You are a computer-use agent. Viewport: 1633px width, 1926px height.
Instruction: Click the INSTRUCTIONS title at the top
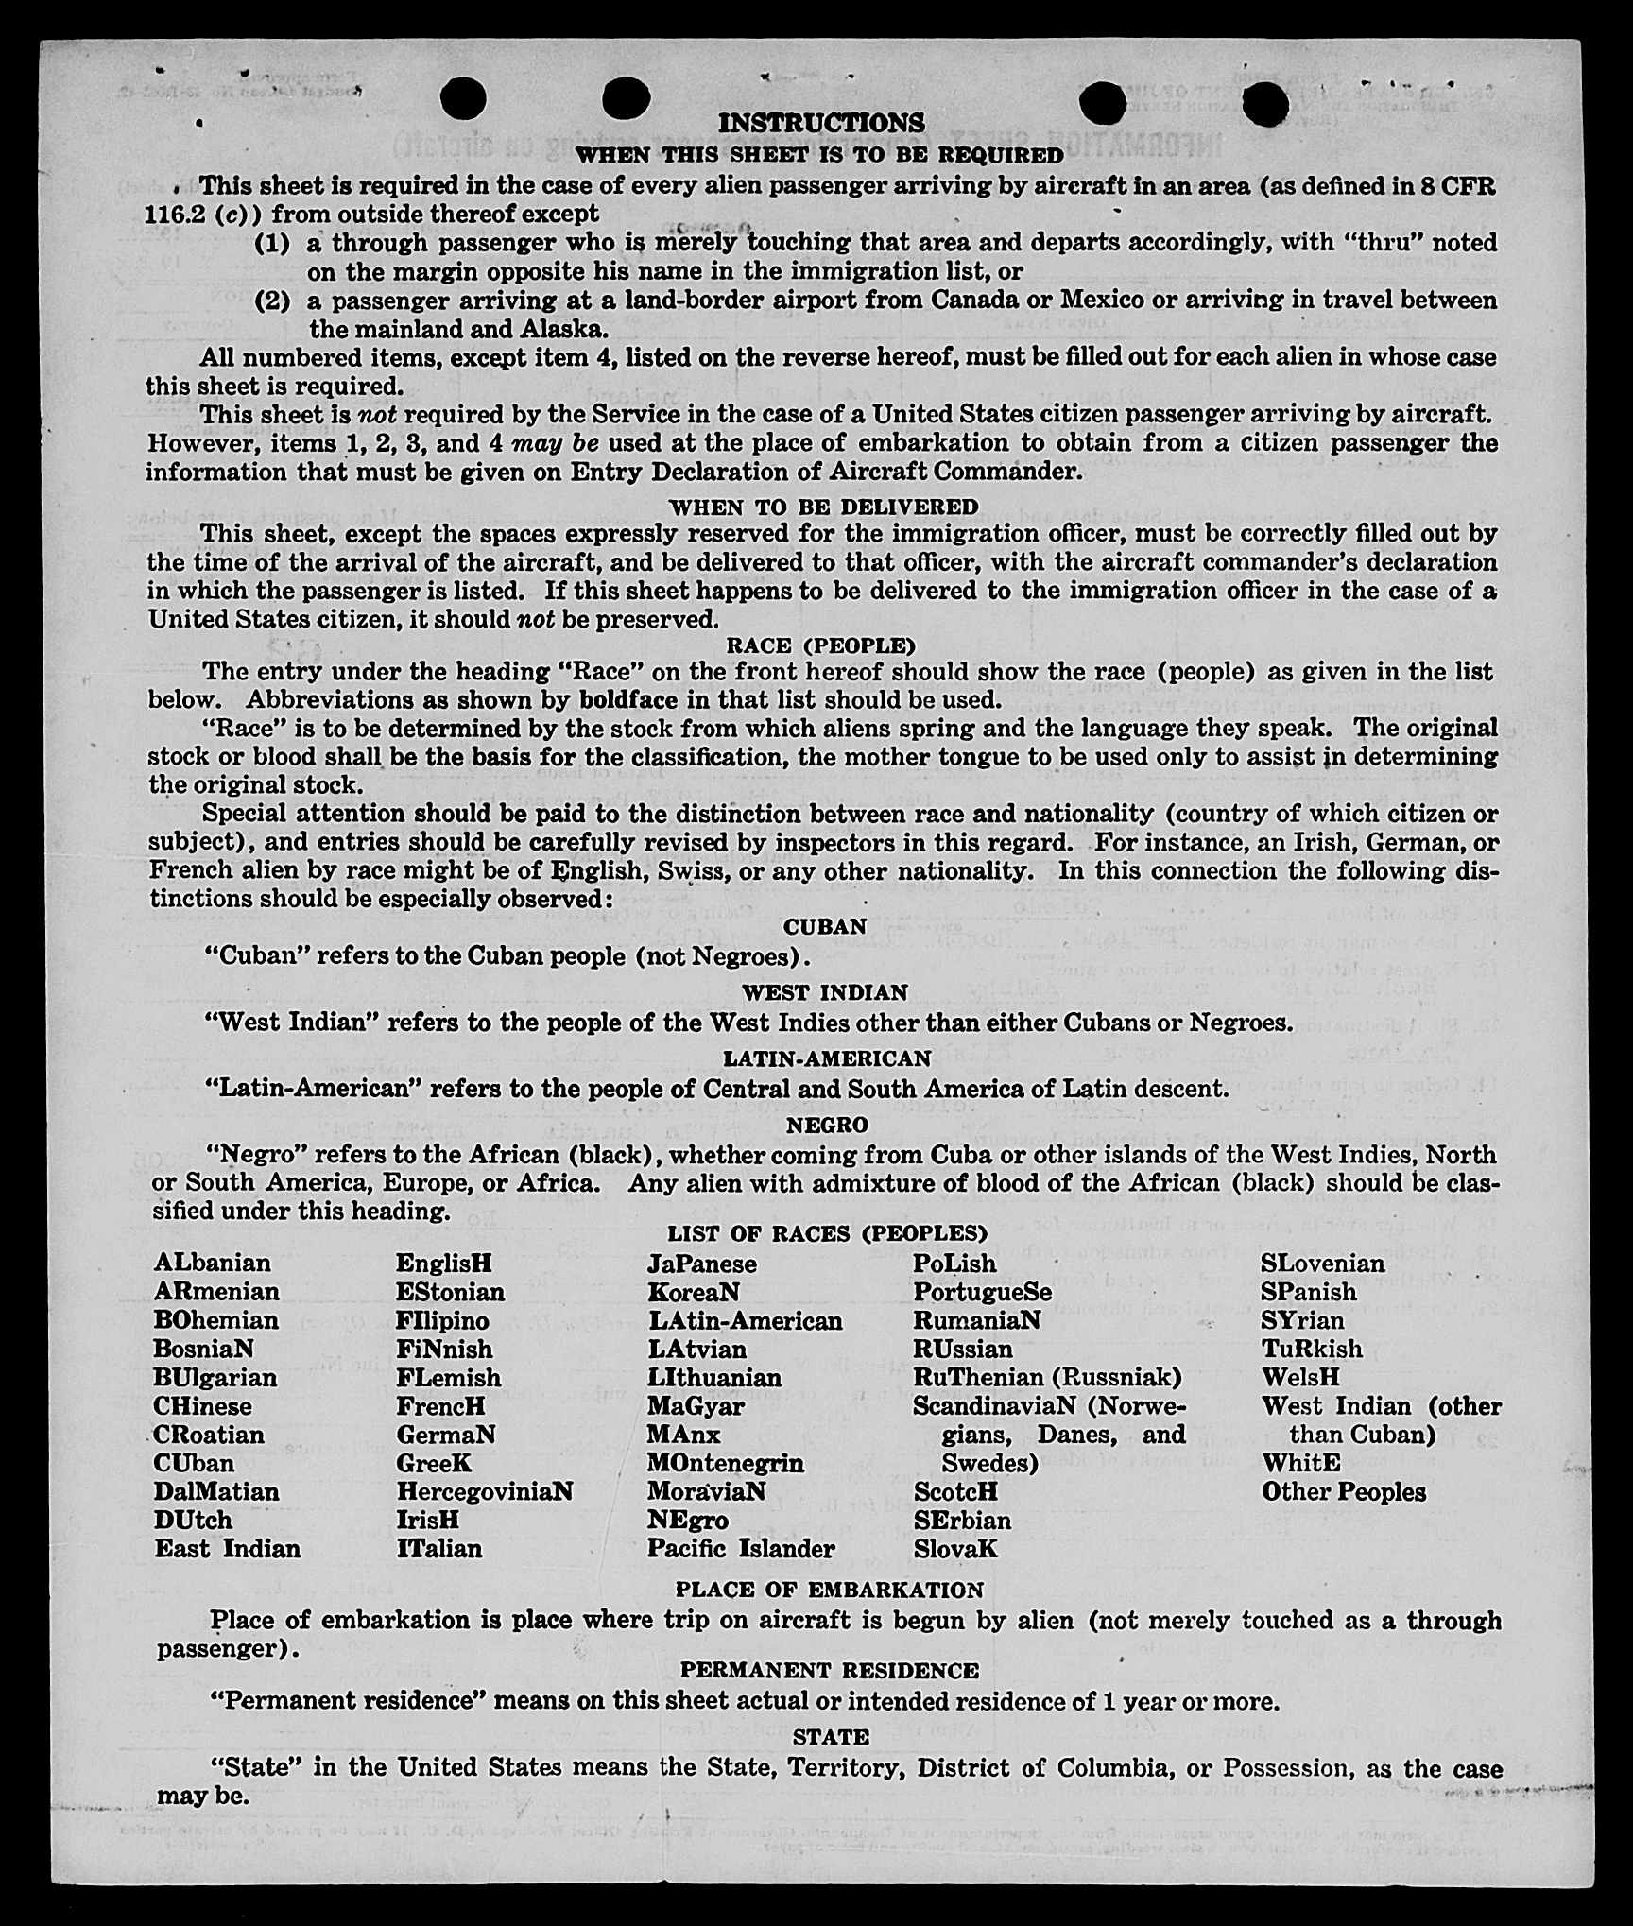coord(820,123)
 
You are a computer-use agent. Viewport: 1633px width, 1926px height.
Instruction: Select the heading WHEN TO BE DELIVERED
coord(823,507)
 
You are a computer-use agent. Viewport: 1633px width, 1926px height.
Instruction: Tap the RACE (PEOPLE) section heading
coord(820,645)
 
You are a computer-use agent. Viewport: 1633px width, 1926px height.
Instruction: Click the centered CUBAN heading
coord(825,926)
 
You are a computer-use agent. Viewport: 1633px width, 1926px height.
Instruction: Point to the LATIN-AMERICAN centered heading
coord(827,1058)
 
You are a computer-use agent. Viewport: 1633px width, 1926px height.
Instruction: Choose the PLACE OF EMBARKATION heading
coord(829,1590)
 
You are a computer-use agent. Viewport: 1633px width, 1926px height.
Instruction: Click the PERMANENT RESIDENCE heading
coord(829,1670)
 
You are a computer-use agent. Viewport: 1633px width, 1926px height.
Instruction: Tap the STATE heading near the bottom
coord(831,1736)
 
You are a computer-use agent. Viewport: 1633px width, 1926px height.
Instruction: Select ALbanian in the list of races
coord(212,1263)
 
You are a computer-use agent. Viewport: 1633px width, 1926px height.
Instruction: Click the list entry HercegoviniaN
coord(484,1491)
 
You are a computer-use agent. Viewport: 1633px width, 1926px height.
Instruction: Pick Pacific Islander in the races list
coord(741,1549)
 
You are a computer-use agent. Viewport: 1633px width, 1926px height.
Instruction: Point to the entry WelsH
coord(1300,1377)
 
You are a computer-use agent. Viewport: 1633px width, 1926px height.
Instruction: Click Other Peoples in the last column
coord(1343,1491)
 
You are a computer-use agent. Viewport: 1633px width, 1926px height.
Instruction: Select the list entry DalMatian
coord(216,1491)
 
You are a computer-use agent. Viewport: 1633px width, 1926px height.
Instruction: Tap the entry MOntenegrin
coord(725,1463)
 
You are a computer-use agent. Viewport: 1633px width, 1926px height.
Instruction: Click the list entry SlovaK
coord(955,1549)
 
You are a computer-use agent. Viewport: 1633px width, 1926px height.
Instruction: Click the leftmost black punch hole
coord(463,98)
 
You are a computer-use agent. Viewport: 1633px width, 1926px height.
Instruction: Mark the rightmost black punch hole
coord(1265,103)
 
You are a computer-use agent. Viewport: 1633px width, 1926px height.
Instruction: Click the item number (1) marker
coord(272,243)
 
